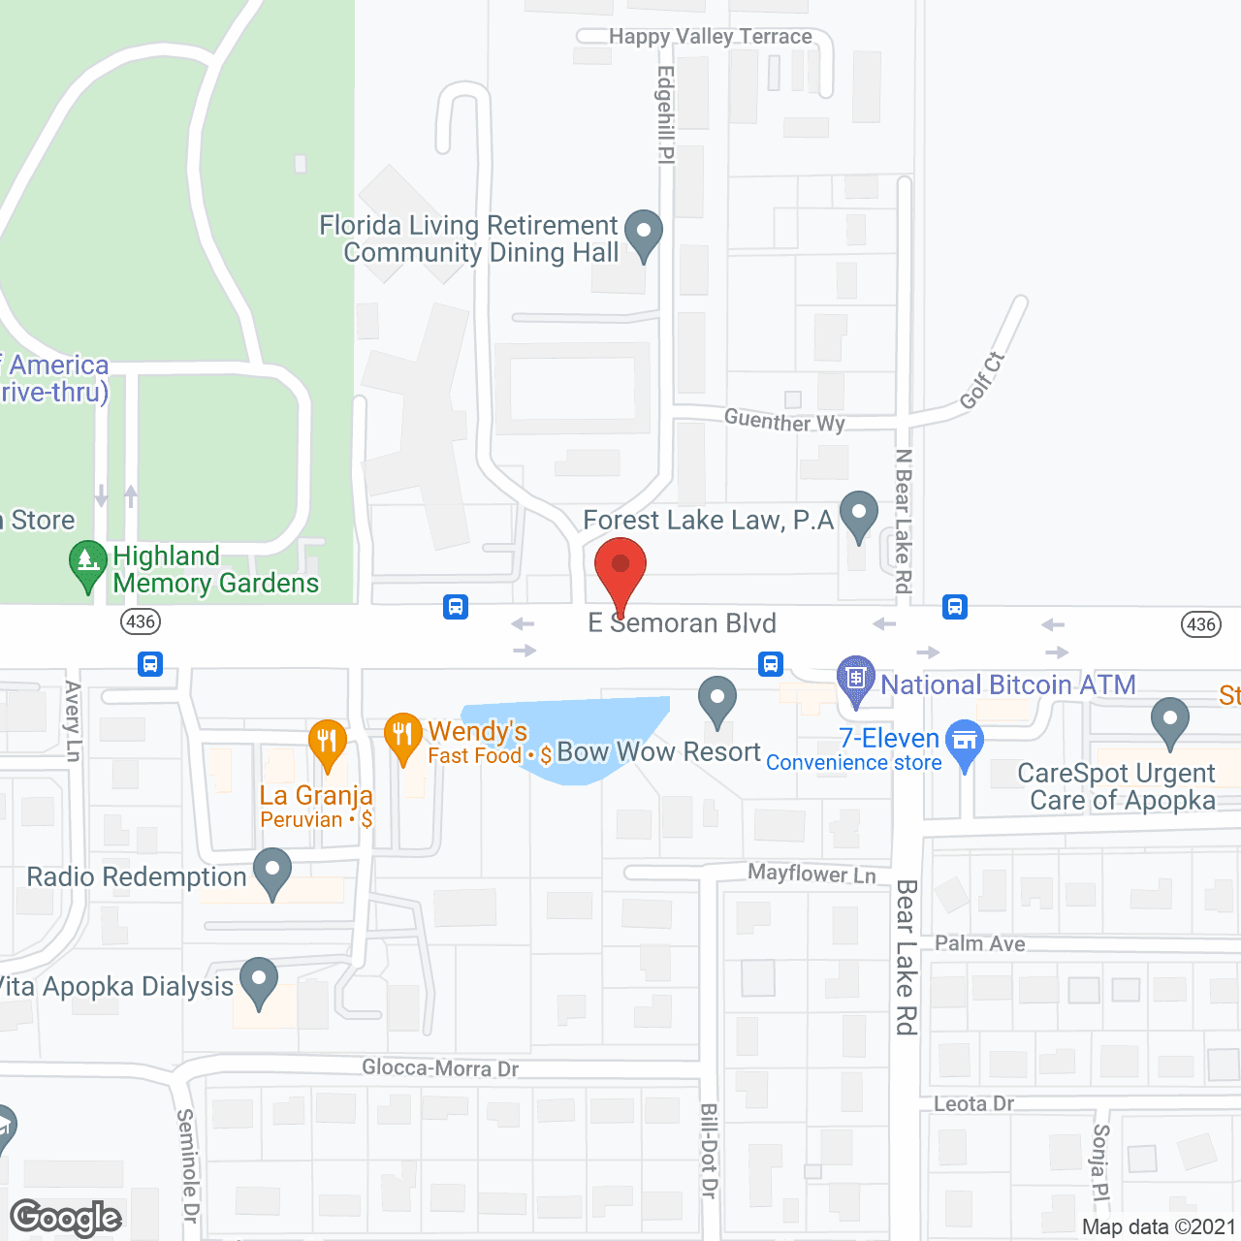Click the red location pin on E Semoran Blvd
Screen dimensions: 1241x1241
pos(620,566)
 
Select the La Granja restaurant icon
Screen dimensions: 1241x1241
pos(328,742)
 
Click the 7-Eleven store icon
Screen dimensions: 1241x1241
pos(965,742)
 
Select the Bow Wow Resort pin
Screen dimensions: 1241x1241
pos(717,699)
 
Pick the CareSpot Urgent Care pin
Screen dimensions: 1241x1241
pos(1170,720)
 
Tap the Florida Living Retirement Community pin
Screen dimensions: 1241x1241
pos(643,233)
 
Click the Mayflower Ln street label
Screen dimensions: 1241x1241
pos(811,874)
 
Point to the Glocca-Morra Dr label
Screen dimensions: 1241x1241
pos(440,1068)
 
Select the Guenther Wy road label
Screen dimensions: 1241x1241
pos(784,421)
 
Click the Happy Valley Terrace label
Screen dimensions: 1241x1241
pos(710,37)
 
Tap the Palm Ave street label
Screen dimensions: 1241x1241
pos(979,943)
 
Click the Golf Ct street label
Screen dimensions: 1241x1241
pos(982,381)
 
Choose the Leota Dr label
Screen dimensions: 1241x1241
pos(973,1103)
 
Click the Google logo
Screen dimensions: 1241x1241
pos(66,1218)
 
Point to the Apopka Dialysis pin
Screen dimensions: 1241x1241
pos(258,981)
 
